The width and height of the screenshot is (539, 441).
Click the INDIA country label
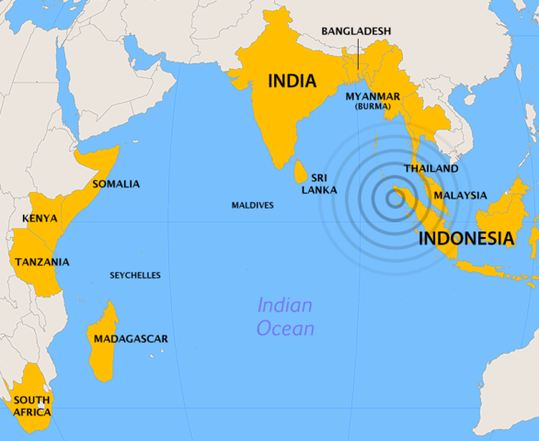tap(292, 81)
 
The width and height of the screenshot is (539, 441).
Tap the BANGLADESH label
tap(356, 31)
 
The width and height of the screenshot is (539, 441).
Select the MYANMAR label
tap(373, 96)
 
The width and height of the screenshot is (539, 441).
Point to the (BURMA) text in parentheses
tap(373, 107)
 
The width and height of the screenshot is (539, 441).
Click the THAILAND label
tap(430, 169)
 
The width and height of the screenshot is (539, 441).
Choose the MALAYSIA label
tap(460, 195)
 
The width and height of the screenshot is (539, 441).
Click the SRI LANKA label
tap(323, 183)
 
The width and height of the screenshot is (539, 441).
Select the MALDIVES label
tap(252, 205)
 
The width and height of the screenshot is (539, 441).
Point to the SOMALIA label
tap(116, 184)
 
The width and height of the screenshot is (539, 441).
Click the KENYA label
tap(40, 219)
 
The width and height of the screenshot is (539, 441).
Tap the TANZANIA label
tap(41, 262)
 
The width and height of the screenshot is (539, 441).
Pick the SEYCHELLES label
tap(135, 275)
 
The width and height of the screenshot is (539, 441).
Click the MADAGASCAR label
tap(131, 339)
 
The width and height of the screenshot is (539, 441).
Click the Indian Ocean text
tap(285, 317)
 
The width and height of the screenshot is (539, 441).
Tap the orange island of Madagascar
tap(103, 322)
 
